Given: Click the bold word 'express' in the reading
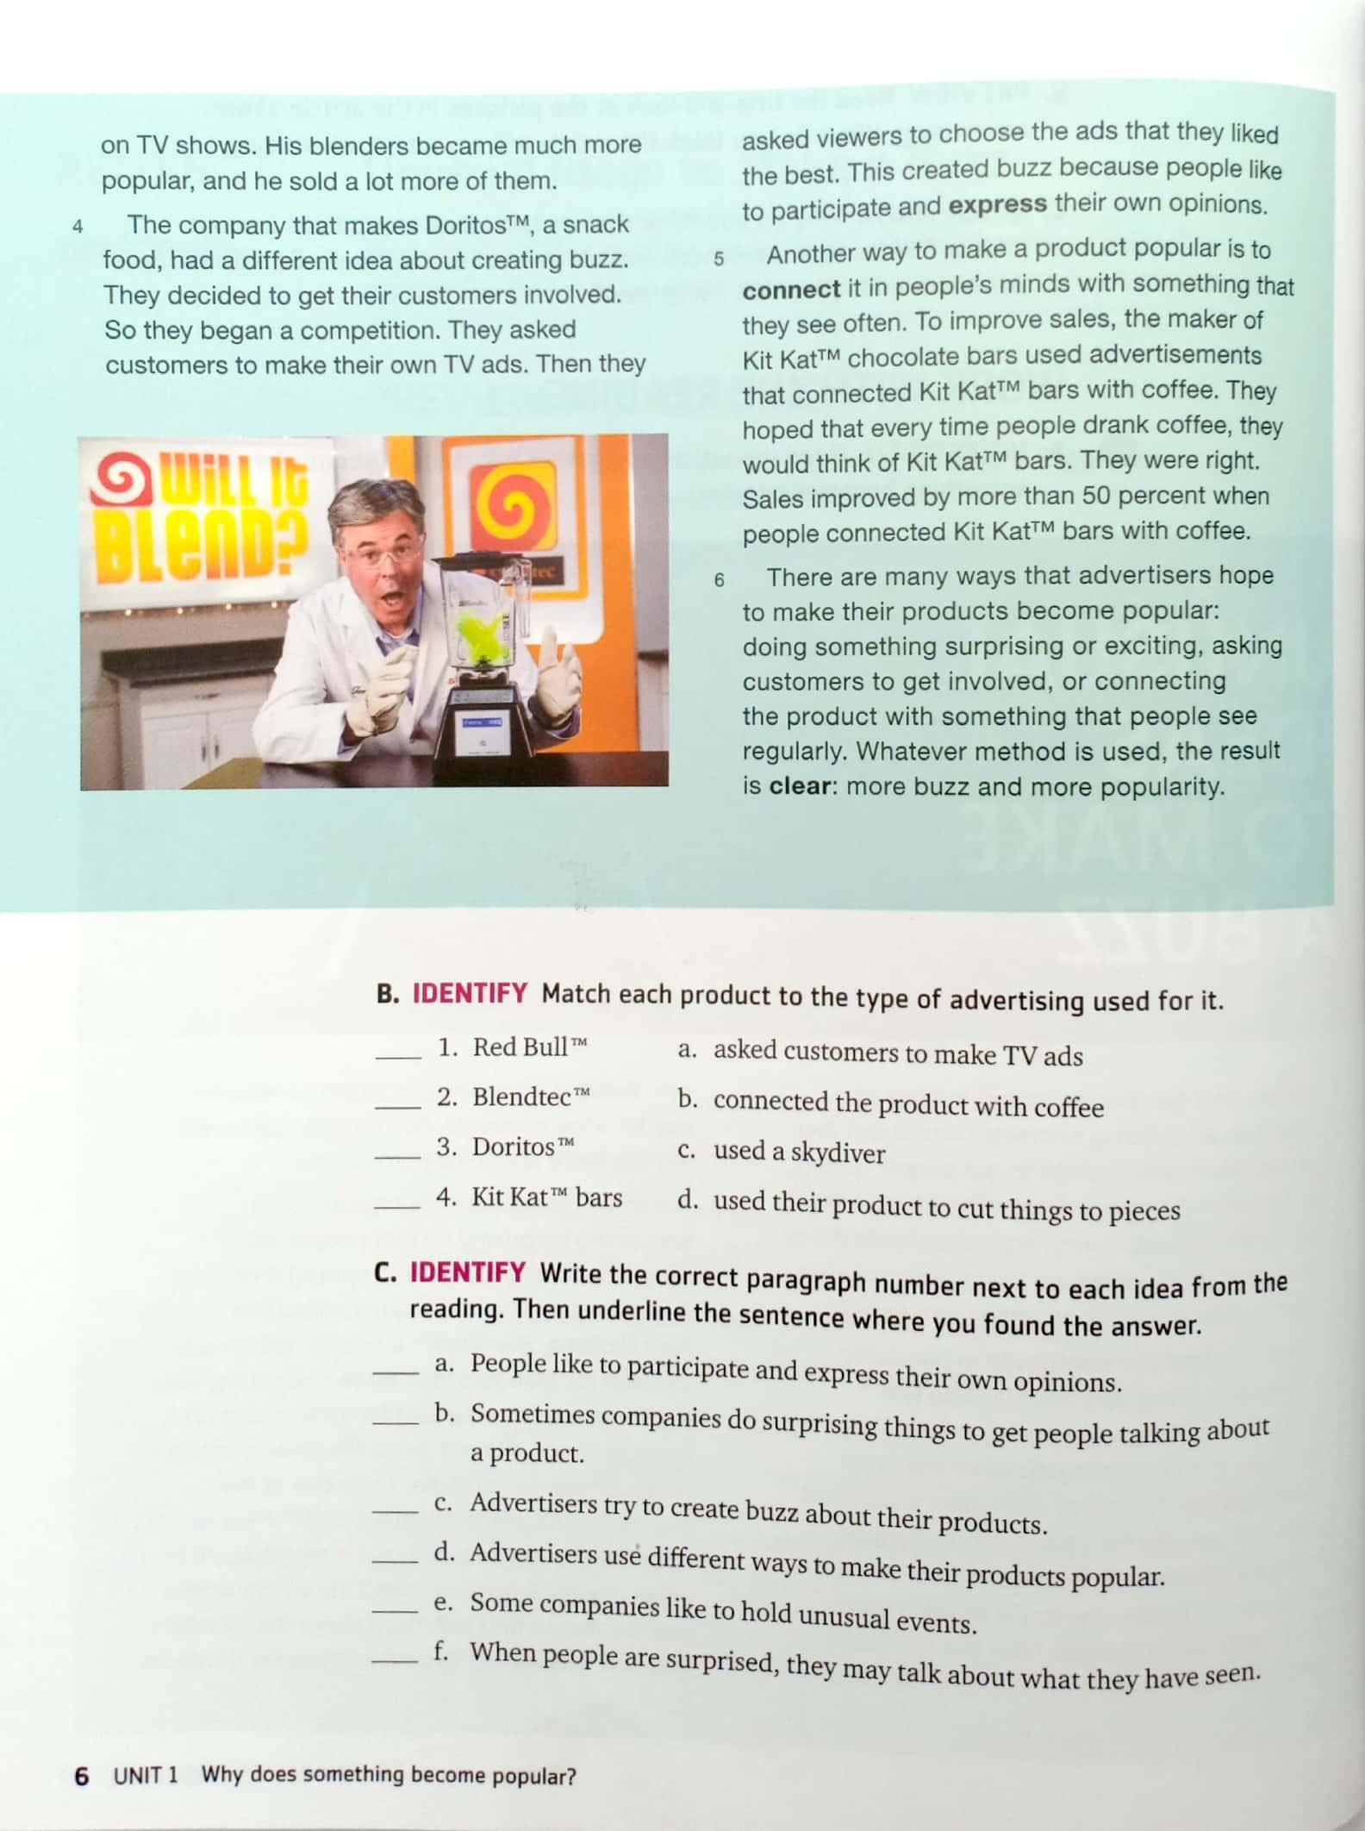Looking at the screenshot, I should point(997,205).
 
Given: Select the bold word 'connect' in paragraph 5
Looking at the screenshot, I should point(791,290).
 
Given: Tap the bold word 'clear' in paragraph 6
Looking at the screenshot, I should point(799,786).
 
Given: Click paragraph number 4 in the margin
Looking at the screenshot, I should point(78,228).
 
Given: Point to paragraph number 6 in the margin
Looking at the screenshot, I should point(719,580).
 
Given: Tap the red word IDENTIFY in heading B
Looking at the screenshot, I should point(470,993).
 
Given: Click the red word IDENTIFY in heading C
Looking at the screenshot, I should point(467,1272).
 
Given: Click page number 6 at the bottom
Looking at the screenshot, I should point(82,1776).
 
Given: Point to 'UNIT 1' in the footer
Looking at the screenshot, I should point(145,1775).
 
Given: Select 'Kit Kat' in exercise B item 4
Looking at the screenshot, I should point(509,1197).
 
